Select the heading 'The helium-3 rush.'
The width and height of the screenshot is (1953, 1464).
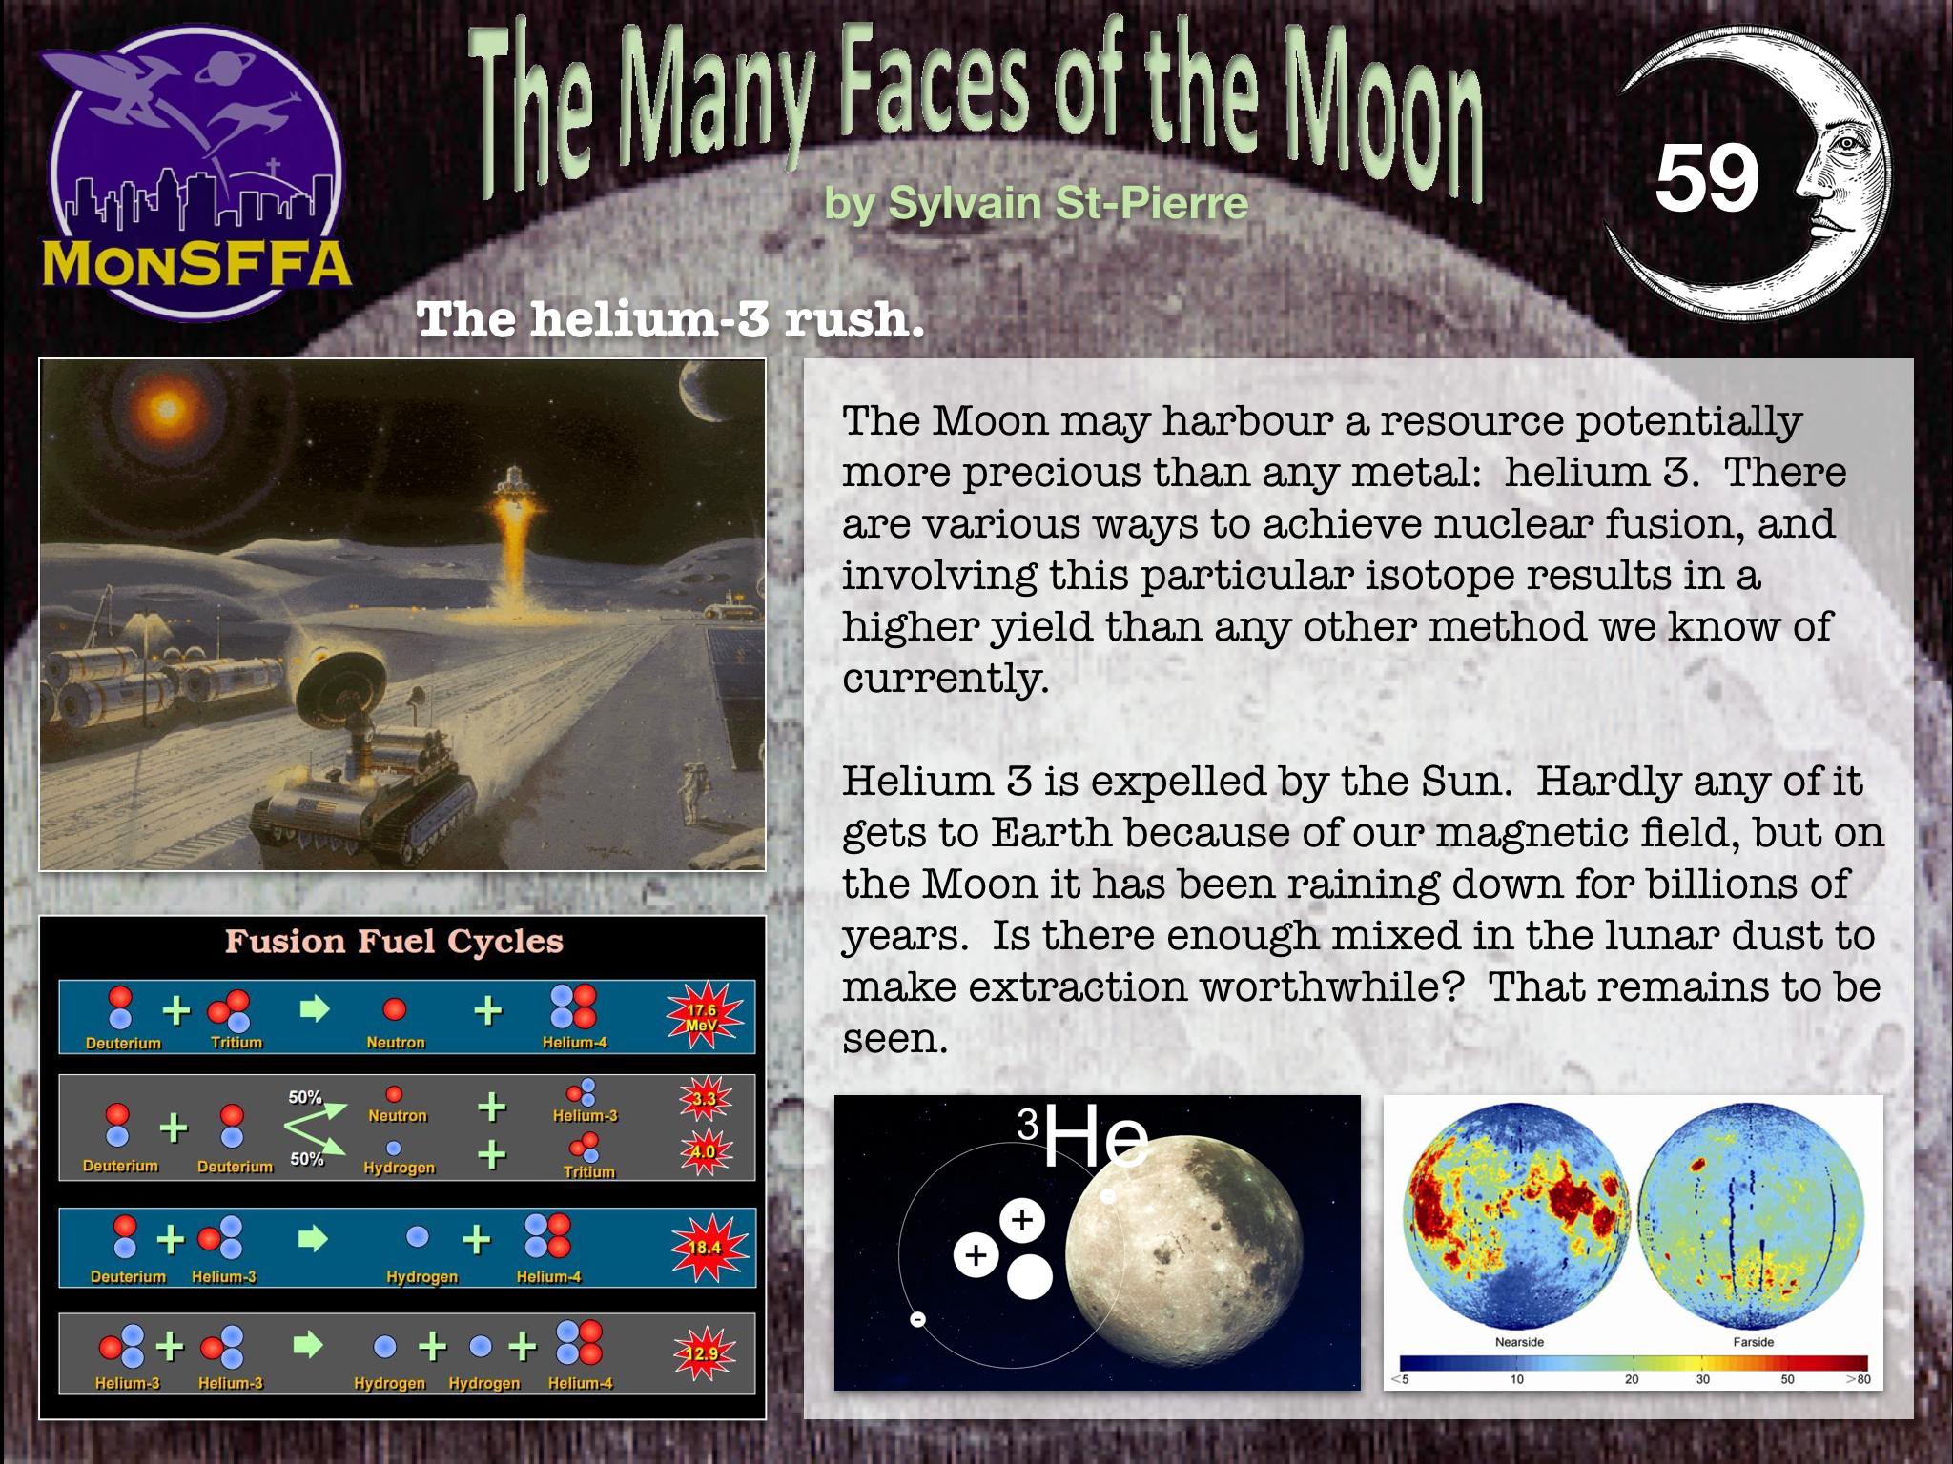671,318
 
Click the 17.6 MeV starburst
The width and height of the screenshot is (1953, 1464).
703,1016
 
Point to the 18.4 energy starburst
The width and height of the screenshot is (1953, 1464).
705,1247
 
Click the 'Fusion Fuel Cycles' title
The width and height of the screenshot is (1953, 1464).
394,942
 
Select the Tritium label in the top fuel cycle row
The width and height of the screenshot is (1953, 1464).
236,1042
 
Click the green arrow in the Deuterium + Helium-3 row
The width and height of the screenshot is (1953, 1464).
313,1239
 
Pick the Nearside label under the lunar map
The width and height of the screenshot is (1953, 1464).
1519,1342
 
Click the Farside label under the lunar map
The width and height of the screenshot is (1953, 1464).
1753,1342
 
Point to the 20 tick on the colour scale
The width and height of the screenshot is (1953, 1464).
1632,1378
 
